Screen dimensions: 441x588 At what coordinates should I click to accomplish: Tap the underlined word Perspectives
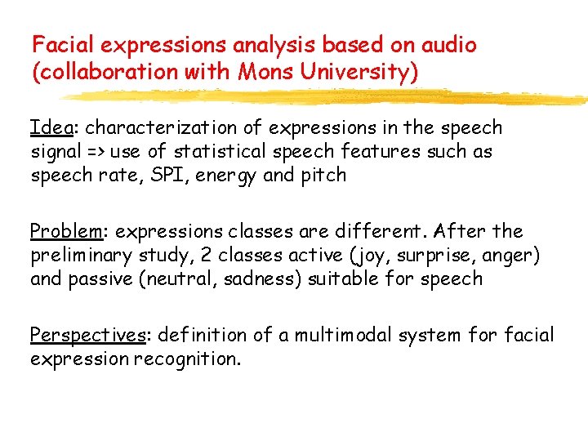(87, 336)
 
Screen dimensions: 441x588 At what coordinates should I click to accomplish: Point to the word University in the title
(357, 73)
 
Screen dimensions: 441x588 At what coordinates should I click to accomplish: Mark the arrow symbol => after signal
(96, 152)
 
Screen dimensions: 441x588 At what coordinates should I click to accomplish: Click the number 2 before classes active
(203, 256)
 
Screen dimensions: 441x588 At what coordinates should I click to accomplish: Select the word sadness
(247, 278)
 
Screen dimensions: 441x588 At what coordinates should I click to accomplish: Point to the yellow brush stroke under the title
(327, 97)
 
